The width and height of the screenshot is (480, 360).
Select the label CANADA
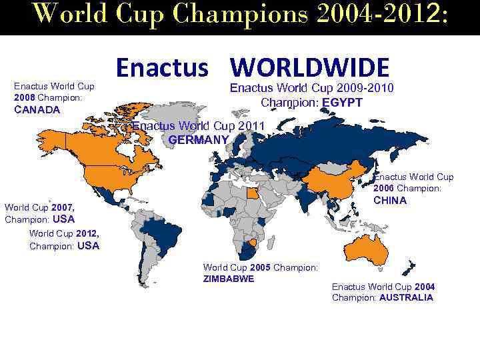[x=37, y=109]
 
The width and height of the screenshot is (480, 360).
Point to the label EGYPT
[x=342, y=103]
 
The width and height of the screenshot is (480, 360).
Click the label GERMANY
[x=199, y=139]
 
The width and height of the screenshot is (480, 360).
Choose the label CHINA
[x=390, y=200]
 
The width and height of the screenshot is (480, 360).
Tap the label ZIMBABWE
[x=228, y=279]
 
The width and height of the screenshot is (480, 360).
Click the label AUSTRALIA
[x=406, y=297]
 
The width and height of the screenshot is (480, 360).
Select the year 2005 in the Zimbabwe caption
[x=260, y=267]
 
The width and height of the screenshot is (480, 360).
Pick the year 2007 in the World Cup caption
[x=67, y=208]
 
